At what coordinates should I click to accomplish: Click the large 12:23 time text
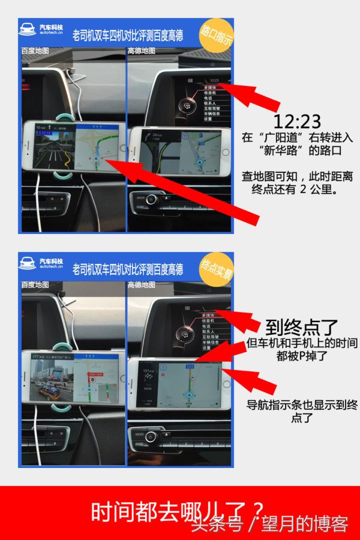tap(296, 122)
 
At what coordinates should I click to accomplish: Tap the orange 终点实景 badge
tap(217, 269)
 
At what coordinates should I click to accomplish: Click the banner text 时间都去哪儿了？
tap(177, 512)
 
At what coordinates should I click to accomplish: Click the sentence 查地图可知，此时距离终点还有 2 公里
tap(297, 183)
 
